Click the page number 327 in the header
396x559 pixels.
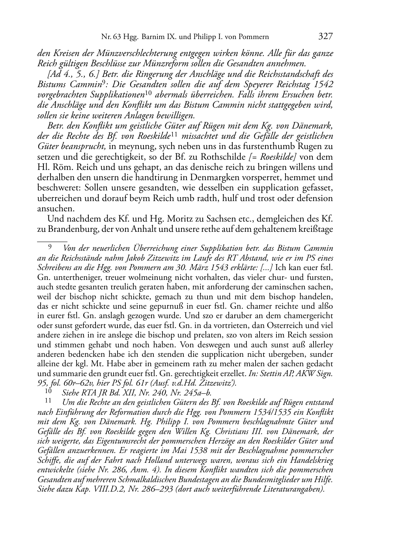[x=325, y=37]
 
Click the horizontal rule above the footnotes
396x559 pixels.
[x=52, y=239]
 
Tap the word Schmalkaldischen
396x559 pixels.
[x=148, y=479]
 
